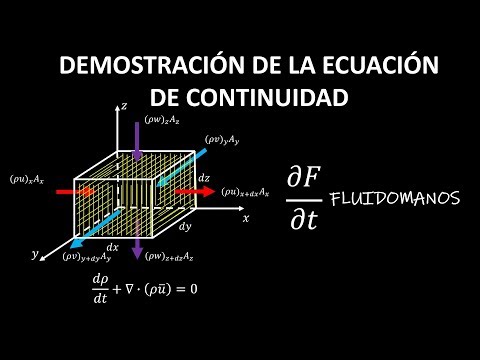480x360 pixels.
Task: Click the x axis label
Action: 244,216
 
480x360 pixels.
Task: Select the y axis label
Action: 35,254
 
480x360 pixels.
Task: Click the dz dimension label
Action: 204,177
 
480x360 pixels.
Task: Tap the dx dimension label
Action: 113,247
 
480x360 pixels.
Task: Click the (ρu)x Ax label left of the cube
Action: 26,179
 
